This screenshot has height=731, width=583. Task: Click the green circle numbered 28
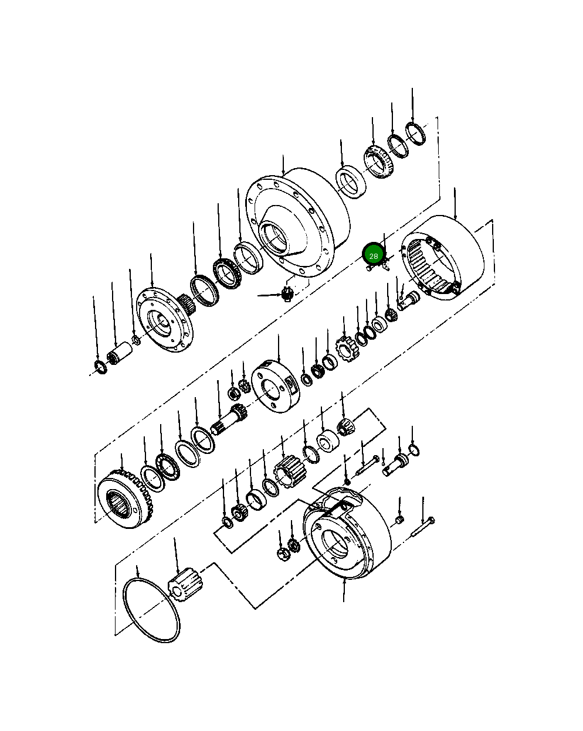[x=374, y=256]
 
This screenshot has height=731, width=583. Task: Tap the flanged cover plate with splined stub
[x=166, y=320]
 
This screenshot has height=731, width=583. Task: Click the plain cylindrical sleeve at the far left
[x=119, y=353]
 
